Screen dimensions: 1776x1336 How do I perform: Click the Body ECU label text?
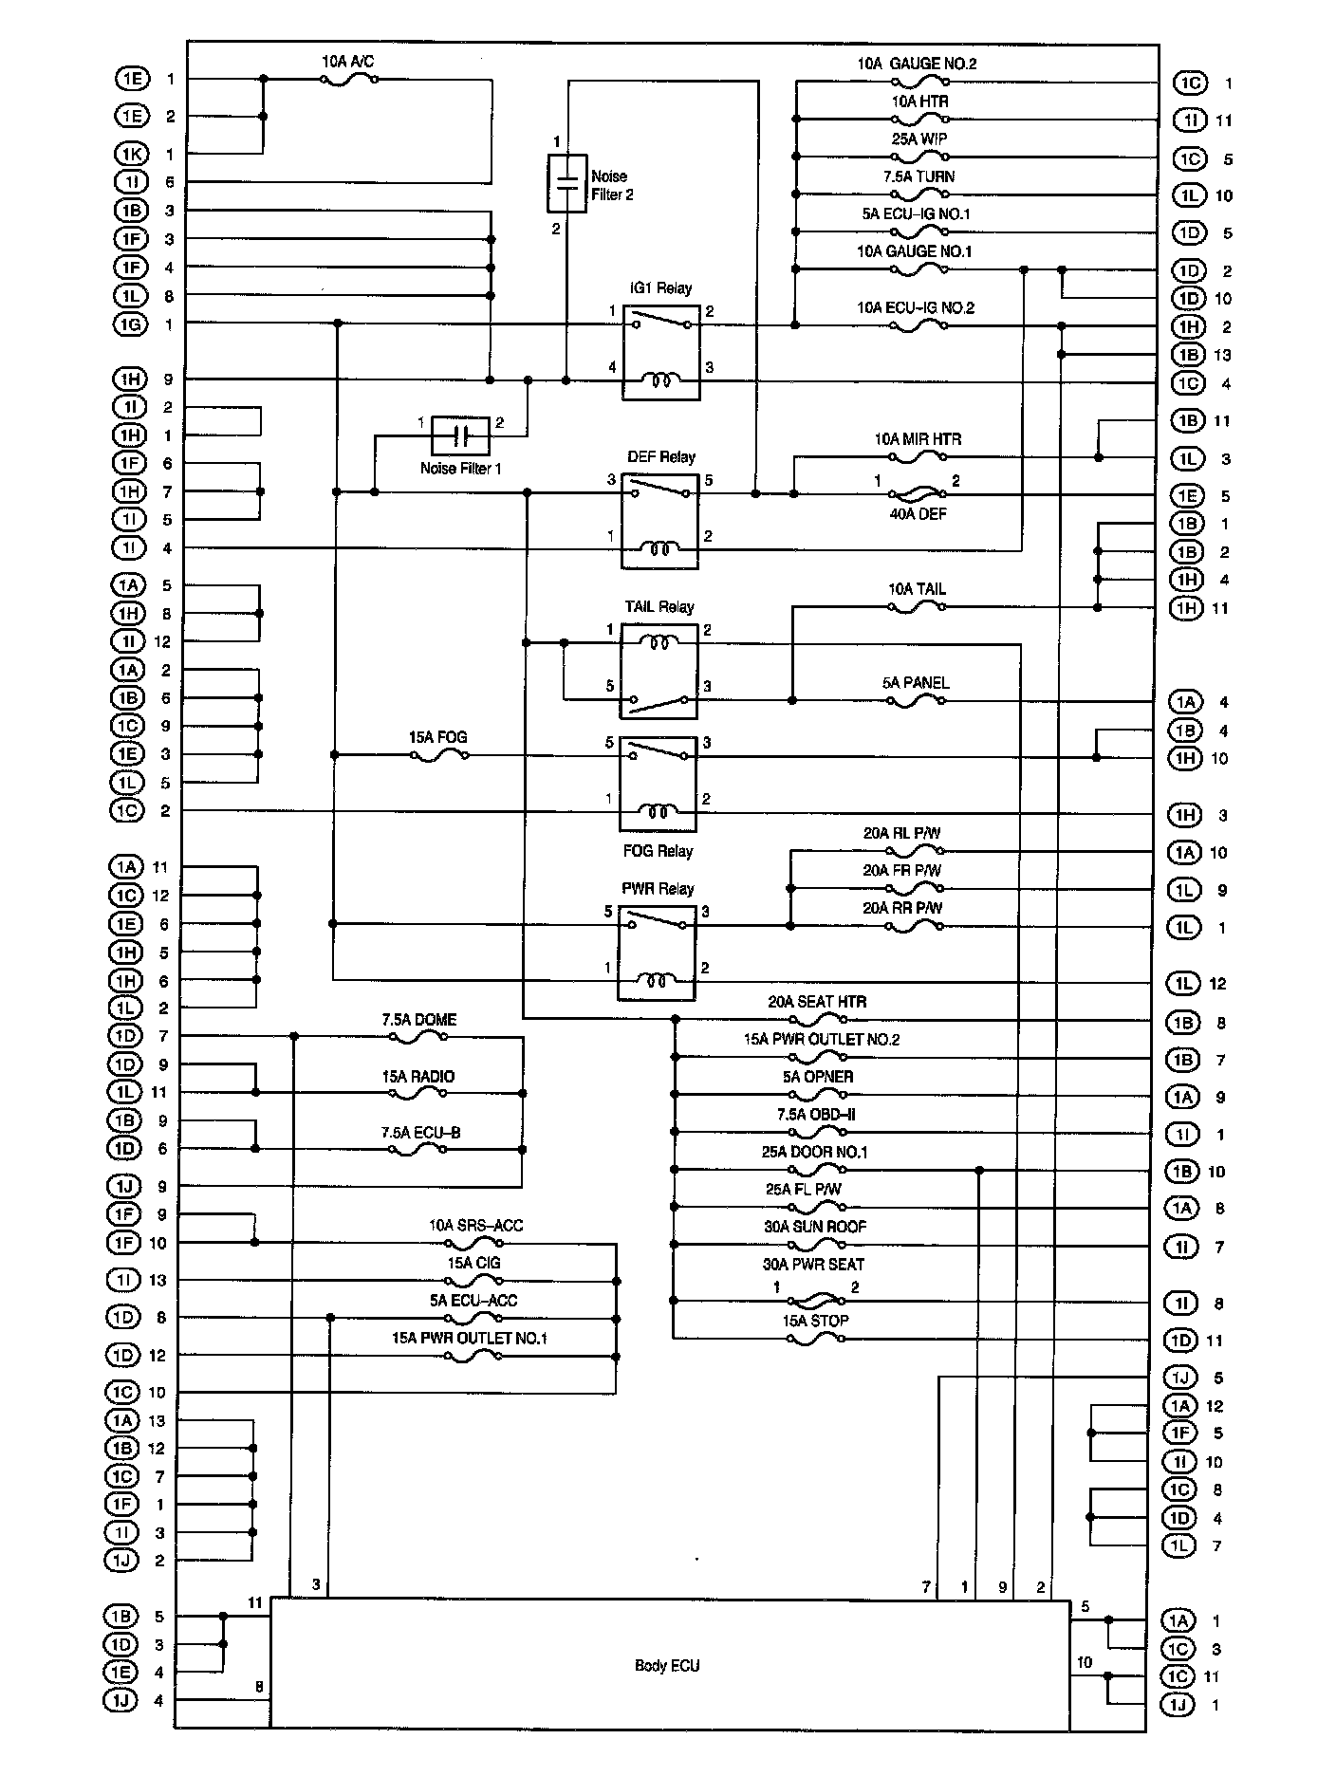point(667,1665)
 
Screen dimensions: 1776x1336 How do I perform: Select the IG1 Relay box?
point(661,352)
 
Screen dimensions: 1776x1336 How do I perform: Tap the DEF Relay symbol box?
point(660,521)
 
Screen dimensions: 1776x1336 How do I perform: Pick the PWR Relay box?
point(656,952)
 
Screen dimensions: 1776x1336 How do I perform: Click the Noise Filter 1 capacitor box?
point(460,436)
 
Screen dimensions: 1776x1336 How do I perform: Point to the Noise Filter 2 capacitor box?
point(567,183)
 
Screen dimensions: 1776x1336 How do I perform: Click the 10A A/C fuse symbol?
point(348,80)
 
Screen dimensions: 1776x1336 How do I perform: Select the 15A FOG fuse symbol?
point(438,755)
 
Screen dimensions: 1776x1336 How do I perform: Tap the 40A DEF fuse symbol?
point(917,494)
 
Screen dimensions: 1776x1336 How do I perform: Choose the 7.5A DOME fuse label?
point(418,1020)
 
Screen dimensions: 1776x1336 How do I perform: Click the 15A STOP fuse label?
point(815,1321)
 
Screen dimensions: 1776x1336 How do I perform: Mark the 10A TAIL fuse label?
point(917,589)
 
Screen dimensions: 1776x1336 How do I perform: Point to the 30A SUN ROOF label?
point(815,1227)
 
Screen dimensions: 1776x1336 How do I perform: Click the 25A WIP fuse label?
point(918,139)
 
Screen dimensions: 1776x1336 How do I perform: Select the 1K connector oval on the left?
point(130,154)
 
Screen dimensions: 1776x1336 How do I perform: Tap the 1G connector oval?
point(130,324)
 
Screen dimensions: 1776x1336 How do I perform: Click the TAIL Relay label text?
point(659,607)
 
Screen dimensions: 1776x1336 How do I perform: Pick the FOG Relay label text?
point(658,851)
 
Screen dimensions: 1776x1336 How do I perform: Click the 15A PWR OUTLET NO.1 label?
point(470,1338)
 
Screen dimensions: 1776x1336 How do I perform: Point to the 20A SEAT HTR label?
point(817,1001)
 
